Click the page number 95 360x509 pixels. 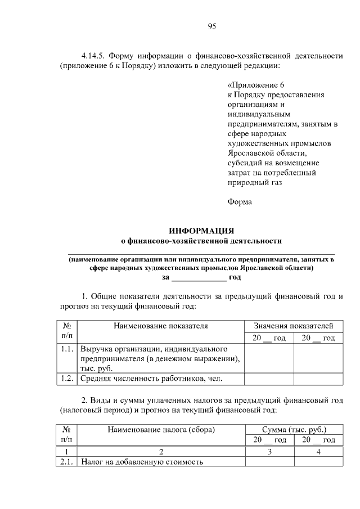pyautogui.click(x=211, y=26)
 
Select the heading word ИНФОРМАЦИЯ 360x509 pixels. pyautogui.click(x=201, y=231)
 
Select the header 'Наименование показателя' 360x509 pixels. pyautogui.click(x=160, y=326)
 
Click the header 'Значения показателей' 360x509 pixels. pyautogui.click(x=294, y=326)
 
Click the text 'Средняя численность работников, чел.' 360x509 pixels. pyautogui.click(x=152, y=379)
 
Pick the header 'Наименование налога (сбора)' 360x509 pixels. pyautogui.click(x=161, y=429)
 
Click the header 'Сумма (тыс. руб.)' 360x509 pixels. pyautogui.click(x=294, y=429)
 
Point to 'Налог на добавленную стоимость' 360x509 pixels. pyautogui.click(x=141, y=462)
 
